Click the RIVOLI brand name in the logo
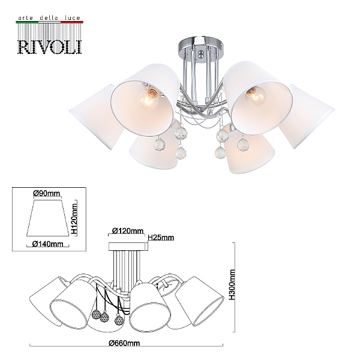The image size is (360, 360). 50,47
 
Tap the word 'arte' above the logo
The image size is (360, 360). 25,18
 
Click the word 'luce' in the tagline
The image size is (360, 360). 73,17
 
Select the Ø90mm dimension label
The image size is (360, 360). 47,193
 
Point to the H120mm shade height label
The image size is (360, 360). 74,217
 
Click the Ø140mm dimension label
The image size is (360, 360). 48,244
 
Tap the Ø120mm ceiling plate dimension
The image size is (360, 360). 128,230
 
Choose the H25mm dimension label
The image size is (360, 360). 161,238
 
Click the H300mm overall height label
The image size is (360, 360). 232,284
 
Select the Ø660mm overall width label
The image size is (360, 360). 124,343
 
